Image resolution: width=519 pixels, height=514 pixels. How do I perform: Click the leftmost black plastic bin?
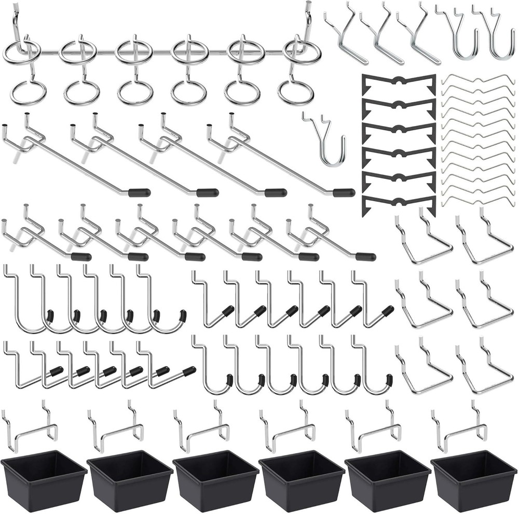point(44,481)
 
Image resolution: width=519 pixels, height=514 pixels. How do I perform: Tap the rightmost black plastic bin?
point(473,481)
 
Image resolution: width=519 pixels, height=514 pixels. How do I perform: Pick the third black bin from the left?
point(216,481)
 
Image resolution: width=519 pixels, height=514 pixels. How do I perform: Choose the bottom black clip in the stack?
point(399,202)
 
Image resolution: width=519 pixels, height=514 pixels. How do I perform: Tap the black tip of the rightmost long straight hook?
point(344,193)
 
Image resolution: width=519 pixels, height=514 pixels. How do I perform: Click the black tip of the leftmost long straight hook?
point(139,193)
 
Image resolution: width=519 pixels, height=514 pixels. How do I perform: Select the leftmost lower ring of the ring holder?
point(29,92)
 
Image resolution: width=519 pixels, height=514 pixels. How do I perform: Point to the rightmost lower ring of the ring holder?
point(296,92)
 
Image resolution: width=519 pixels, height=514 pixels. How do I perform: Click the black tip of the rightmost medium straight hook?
point(365,257)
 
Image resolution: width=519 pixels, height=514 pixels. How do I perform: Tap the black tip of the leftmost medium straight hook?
point(81,257)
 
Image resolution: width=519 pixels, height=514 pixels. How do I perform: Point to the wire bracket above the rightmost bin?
point(462,428)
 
